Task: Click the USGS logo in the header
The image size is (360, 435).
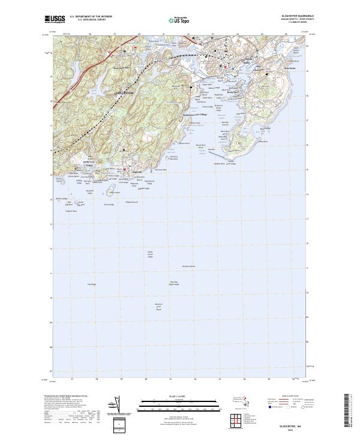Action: click(x=55, y=19)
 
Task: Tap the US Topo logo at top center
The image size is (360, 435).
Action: click(x=173, y=21)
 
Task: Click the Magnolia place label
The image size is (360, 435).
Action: click(x=137, y=172)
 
